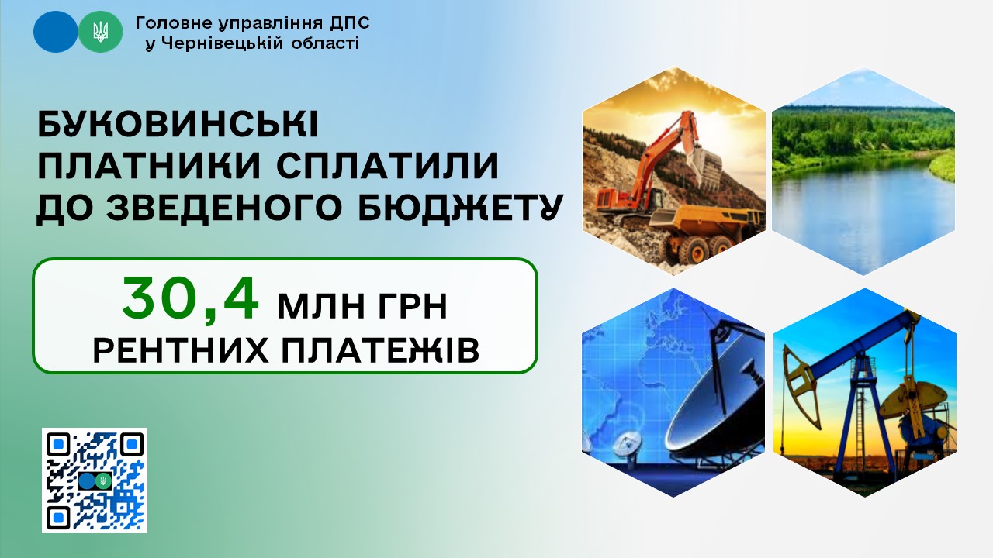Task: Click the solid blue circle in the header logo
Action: click(55, 32)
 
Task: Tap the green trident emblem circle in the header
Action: click(100, 32)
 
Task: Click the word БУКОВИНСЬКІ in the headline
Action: click(178, 125)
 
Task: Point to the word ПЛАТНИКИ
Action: click(148, 166)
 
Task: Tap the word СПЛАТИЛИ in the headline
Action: click(387, 166)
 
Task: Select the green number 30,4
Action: click(191, 299)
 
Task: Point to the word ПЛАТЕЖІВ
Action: click(381, 351)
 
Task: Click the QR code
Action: click(95, 480)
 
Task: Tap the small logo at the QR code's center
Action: click(95, 480)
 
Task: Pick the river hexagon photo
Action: click(863, 170)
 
